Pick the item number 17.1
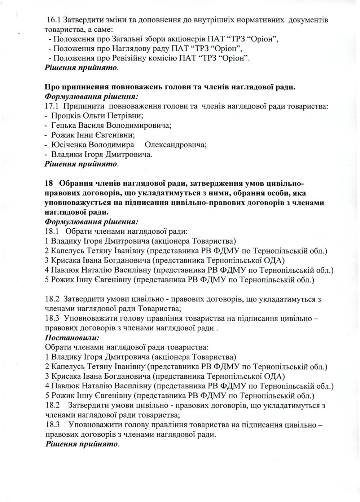pyautogui.click(x=52, y=106)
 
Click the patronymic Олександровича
pyautogui.click(x=175, y=145)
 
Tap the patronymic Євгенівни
pyautogui.click(x=117, y=136)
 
